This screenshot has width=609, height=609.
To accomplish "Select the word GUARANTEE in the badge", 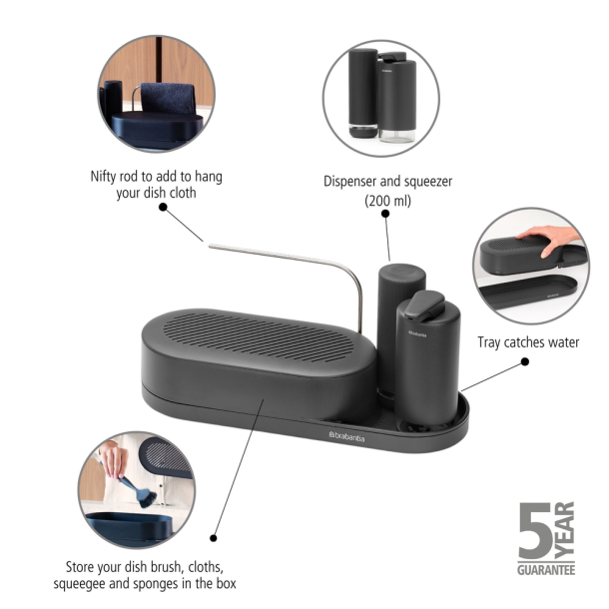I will click(545, 569).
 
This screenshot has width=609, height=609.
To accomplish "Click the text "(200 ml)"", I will click(389, 200).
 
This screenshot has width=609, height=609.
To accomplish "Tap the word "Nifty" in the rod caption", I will click(107, 177).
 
